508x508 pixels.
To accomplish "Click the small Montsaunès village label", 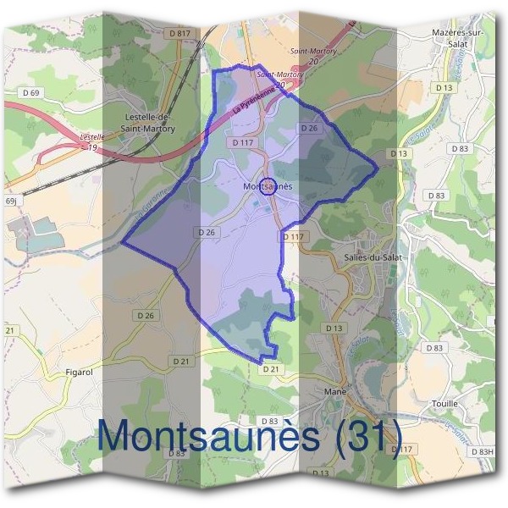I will (x=267, y=185).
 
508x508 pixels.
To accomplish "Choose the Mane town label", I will (x=336, y=392).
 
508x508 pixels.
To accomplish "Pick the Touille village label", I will (x=444, y=404).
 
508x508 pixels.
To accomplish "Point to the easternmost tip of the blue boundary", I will (x=378, y=164).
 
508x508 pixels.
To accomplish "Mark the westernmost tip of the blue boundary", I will (x=123, y=243).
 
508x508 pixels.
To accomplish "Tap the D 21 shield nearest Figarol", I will (x=181, y=362).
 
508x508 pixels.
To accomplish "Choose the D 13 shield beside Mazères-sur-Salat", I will (x=444, y=87).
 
